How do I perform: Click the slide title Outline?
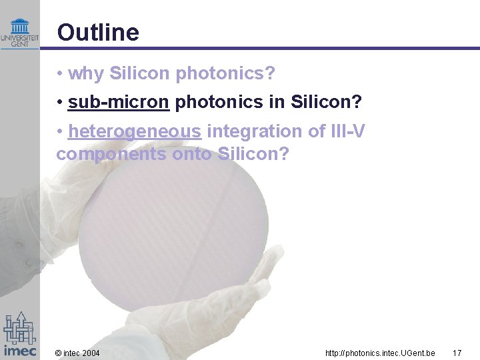click(98, 32)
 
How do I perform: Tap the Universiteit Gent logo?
click(20, 32)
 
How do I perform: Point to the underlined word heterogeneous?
click(135, 131)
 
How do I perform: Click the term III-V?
click(347, 131)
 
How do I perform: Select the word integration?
click(257, 131)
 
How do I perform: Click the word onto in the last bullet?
click(194, 154)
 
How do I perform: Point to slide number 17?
click(457, 352)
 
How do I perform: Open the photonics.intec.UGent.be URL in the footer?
click(380, 352)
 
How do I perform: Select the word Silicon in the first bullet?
click(139, 73)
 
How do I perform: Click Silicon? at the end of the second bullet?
click(326, 103)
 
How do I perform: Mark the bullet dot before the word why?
click(60, 73)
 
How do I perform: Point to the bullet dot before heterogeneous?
click(60, 131)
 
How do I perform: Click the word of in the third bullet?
click(316, 131)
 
